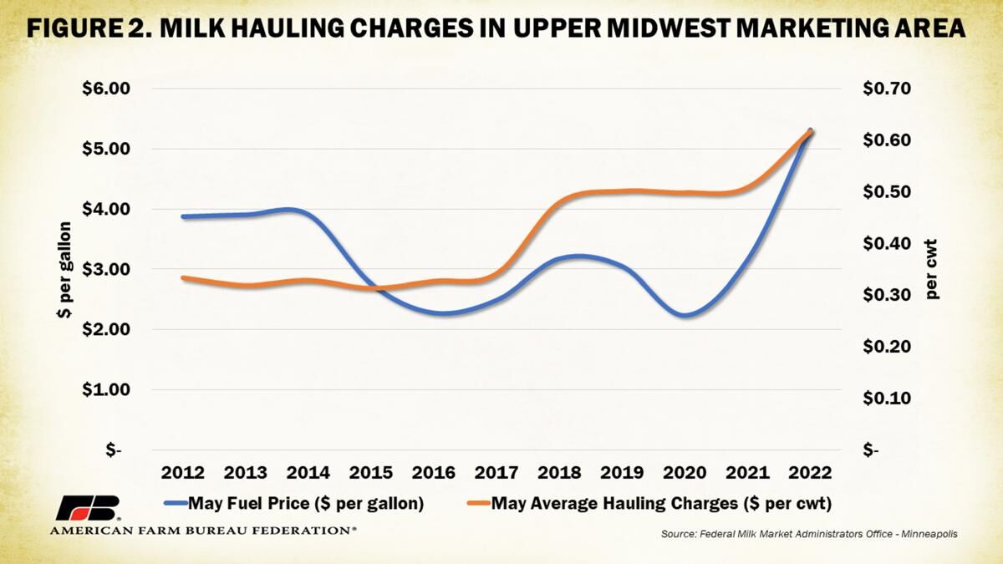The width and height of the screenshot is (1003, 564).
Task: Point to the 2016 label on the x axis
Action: click(435, 472)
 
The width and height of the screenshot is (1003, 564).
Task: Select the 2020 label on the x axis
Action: click(685, 472)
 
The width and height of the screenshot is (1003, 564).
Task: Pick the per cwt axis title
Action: click(932, 269)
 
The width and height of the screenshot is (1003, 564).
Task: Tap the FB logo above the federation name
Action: click(88, 508)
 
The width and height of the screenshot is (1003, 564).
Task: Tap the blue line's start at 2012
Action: click(183, 216)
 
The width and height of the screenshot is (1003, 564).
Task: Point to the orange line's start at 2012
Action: click(183, 277)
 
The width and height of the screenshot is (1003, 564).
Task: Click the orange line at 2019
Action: click(623, 191)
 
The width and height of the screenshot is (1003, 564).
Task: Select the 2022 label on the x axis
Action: click(810, 472)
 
